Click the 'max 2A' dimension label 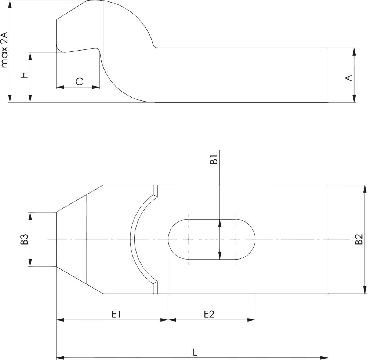tap(5, 50)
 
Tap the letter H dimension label tap(24, 75)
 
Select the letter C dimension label tap(79, 82)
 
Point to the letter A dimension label tap(349, 78)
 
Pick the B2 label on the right tap(359, 239)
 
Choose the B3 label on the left tap(24, 239)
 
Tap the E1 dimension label tap(116, 315)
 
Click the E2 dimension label tap(209, 315)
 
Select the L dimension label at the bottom tap(195, 352)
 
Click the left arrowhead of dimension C tap(60, 87)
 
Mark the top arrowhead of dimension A tap(354, 52)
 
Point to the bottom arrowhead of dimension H tap(30, 98)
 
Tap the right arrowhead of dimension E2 tap(251, 320)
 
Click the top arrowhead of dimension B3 tap(30, 216)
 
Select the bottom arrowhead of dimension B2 tap(364, 290)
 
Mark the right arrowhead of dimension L tap(324, 358)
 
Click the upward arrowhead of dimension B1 tap(219, 223)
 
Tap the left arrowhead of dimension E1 tap(60, 320)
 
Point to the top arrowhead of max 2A tap(10, 4)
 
